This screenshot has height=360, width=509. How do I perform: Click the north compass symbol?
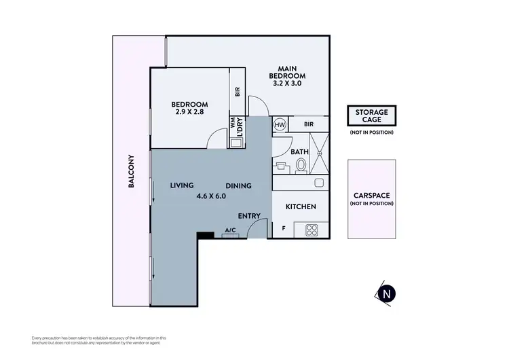pyautogui.click(x=386, y=293)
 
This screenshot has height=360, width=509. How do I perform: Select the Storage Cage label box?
pyautogui.click(x=371, y=116)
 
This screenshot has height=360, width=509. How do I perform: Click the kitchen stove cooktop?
pyautogui.click(x=312, y=230)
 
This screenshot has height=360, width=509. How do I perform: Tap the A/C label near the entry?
pyautogui.click(x=230, y=230)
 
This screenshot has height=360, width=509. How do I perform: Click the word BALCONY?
pyautogui.click(x=132, y=173)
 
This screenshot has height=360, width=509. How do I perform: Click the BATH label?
pyautogui.click(x=300, y=151)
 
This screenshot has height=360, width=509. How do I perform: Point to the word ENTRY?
pyautogui.click(x=249, y=216)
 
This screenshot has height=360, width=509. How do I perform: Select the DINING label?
pyautogui.click(x=238, y=185)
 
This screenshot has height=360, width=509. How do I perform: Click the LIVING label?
pyautogui.click(x=182, y=185)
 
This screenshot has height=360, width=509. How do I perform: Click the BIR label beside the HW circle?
pyautogui.click(x=309, y=125)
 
